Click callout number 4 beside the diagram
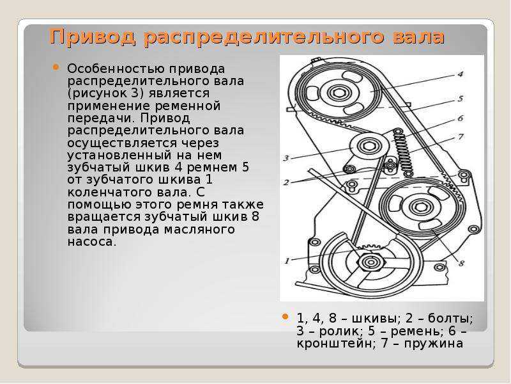460,74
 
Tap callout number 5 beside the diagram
460,99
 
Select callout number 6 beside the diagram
460,118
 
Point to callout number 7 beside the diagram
460,136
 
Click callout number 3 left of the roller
286,158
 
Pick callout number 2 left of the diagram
286,182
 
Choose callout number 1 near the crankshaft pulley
287,261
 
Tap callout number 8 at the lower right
461,263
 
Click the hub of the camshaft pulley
339,93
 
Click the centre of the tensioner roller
369,147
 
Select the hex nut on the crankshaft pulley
370,261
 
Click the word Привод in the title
92,37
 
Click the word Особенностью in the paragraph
116,69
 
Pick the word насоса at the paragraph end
91,243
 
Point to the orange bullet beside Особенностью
56,67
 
